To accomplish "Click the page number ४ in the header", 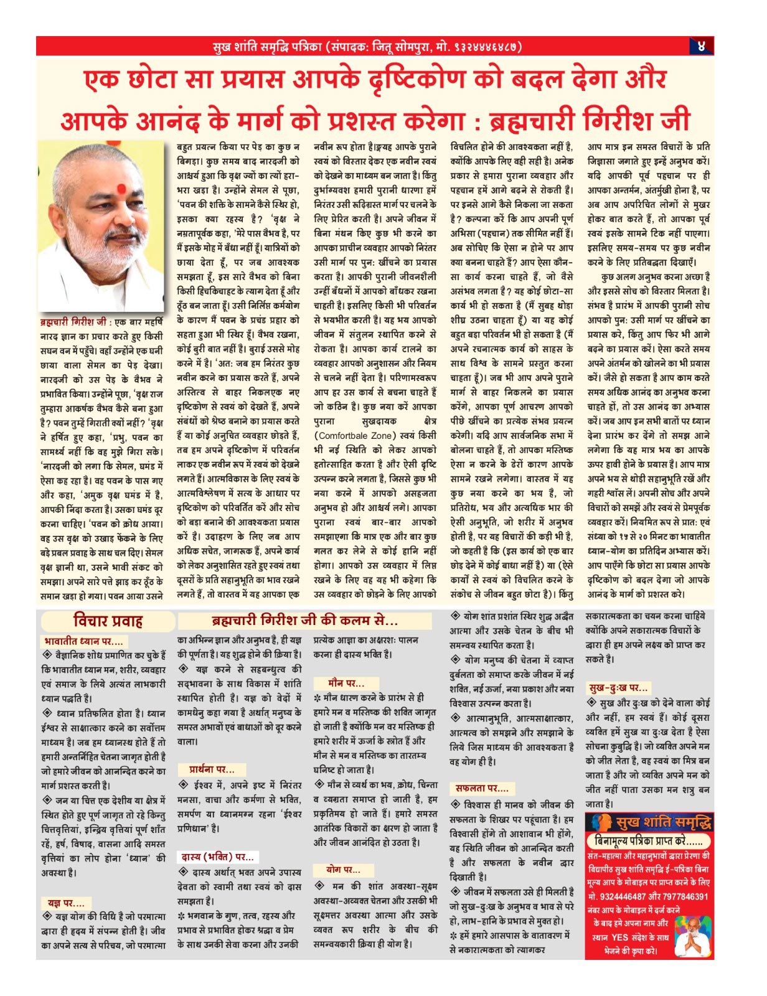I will [701, 46].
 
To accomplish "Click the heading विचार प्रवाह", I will [108, 621].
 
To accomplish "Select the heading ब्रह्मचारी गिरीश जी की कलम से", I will [304, 621].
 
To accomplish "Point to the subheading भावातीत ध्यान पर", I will [83, 641].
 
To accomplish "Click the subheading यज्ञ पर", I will [66, 903].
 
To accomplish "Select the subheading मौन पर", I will [346, 683].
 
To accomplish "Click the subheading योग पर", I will [343, 869].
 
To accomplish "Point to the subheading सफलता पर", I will [481, 788].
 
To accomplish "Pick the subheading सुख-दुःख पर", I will [618, 688].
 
